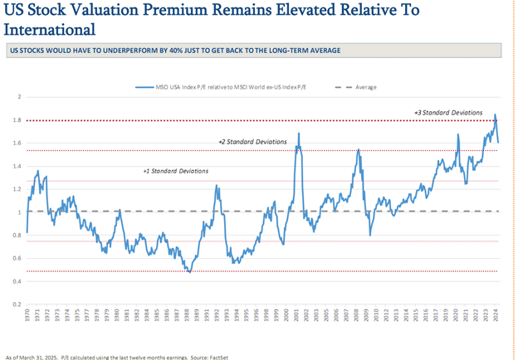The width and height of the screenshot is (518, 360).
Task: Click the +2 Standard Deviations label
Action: click(253, 142)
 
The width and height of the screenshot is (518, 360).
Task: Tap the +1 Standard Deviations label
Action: click(176, 171)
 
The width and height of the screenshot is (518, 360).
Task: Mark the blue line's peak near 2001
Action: click(298, 134)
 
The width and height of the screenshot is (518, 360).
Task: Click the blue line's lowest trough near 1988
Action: click(189, 272)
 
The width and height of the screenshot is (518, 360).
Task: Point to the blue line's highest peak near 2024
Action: click(496, 114)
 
